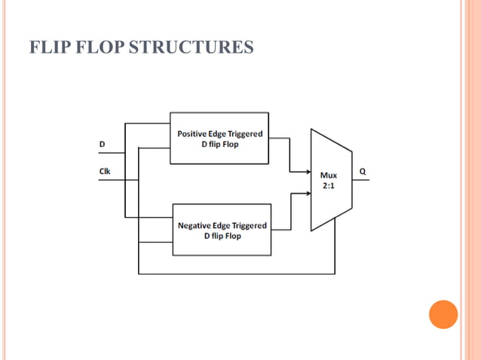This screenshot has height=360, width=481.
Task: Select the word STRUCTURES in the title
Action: [x=191, y=48]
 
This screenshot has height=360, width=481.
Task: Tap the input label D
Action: [x=103, y=143]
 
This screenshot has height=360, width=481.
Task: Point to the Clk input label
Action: [x=105, y=171]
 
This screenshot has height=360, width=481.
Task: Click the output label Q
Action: [x=363, y=171]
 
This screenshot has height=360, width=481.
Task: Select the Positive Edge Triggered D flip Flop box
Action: [x=219, y=139]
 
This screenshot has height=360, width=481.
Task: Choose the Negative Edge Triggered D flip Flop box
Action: [x=222, y=230]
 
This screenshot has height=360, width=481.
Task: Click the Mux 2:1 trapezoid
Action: [x=330, y=179]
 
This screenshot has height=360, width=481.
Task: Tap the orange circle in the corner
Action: [x=443, y=314]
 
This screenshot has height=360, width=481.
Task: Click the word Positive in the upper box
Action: [x=193, y=133]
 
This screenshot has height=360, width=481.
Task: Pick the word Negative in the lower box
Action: [x=195, y=225]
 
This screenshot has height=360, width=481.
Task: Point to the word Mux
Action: [x=329, y=175]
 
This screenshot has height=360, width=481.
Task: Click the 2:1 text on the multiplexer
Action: [x=329, y=185]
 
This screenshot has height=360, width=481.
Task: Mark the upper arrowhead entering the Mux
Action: [x=308, y=170]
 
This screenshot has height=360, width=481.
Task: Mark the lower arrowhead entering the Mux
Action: [x=308, y=193]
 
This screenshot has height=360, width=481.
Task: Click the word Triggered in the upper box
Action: [x=244, y=133]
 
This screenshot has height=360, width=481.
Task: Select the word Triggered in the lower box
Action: [x=246, y=225]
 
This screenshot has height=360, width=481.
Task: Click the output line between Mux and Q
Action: [x=360, y=180]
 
